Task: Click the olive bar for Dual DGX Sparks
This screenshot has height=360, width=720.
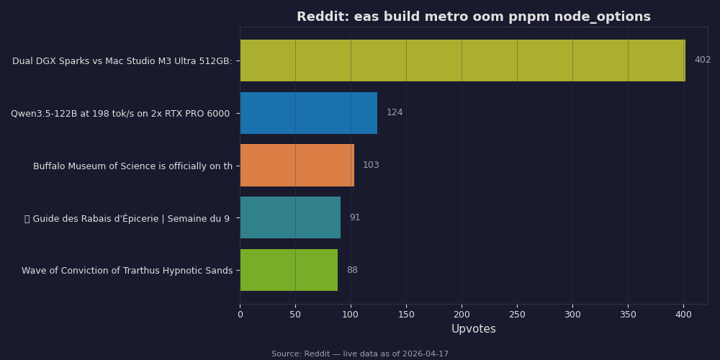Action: [462, 60]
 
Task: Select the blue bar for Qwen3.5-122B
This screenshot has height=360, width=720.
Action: [308, 113]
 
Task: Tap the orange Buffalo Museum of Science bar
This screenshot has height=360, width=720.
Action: [297, 166]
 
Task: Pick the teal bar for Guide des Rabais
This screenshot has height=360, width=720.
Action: [290, 217]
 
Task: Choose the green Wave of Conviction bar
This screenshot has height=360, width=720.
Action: [289, 270]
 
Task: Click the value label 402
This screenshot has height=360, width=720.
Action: [702, 60]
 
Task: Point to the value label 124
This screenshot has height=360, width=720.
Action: [395, 113]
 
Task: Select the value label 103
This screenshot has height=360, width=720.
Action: [371, 166]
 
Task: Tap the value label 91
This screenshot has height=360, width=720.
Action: [355, 217]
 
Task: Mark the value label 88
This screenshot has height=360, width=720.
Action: [352, 271]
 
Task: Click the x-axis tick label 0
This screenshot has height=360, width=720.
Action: [240, 315]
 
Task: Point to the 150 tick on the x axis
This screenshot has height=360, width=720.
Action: [406, 315]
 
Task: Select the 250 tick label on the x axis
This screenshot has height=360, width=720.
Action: [517, 315]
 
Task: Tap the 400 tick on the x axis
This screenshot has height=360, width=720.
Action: [683, 315]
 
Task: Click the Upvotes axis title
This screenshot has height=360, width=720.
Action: [473, 329]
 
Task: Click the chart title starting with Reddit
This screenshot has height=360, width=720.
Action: [473, 17]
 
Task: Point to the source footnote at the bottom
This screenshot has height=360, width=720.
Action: [360, 354]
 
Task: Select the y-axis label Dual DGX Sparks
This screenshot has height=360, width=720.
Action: [122, 61]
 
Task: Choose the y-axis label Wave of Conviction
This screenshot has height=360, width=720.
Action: [127, 271]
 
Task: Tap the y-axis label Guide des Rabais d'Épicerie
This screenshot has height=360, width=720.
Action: [127, 219]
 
